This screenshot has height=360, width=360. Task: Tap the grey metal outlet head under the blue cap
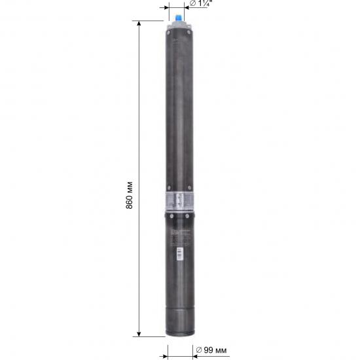tap(179, 25)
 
